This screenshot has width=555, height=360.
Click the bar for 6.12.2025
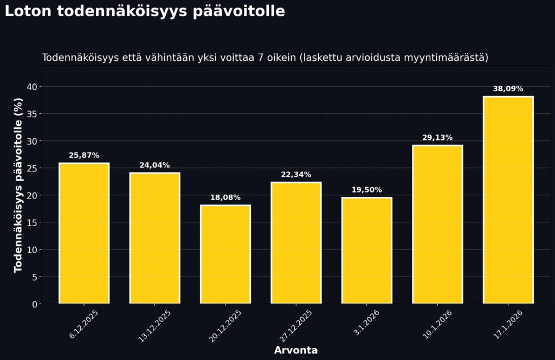pyautogui.click(x=84, y=233)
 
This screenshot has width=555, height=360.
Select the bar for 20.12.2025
pyautogui.click(x=225, y=254)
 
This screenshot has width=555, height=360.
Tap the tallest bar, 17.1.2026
pyautogui.click(x=508, y=200)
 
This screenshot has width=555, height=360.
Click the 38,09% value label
pyautogui.click(x=508, y=89)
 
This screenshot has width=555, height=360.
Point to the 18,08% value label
pyautogui.click(x=225, y=197)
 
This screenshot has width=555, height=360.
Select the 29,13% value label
pyautogui.click(x=437, y=138)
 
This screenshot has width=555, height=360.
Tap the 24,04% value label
pyautogui.click(x=154, y=165)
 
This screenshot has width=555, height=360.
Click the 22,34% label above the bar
pyautogui.click(x=296, y=175)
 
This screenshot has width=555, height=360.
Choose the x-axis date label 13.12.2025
pyautogui.click(x=155, y=325)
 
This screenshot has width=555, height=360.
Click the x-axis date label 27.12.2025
pyautogui.click(x=296, y=325)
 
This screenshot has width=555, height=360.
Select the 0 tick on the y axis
pyautogui.click(x=35, y=304)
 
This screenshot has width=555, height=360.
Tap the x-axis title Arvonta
pyautogui.click(x=296, y=350)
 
